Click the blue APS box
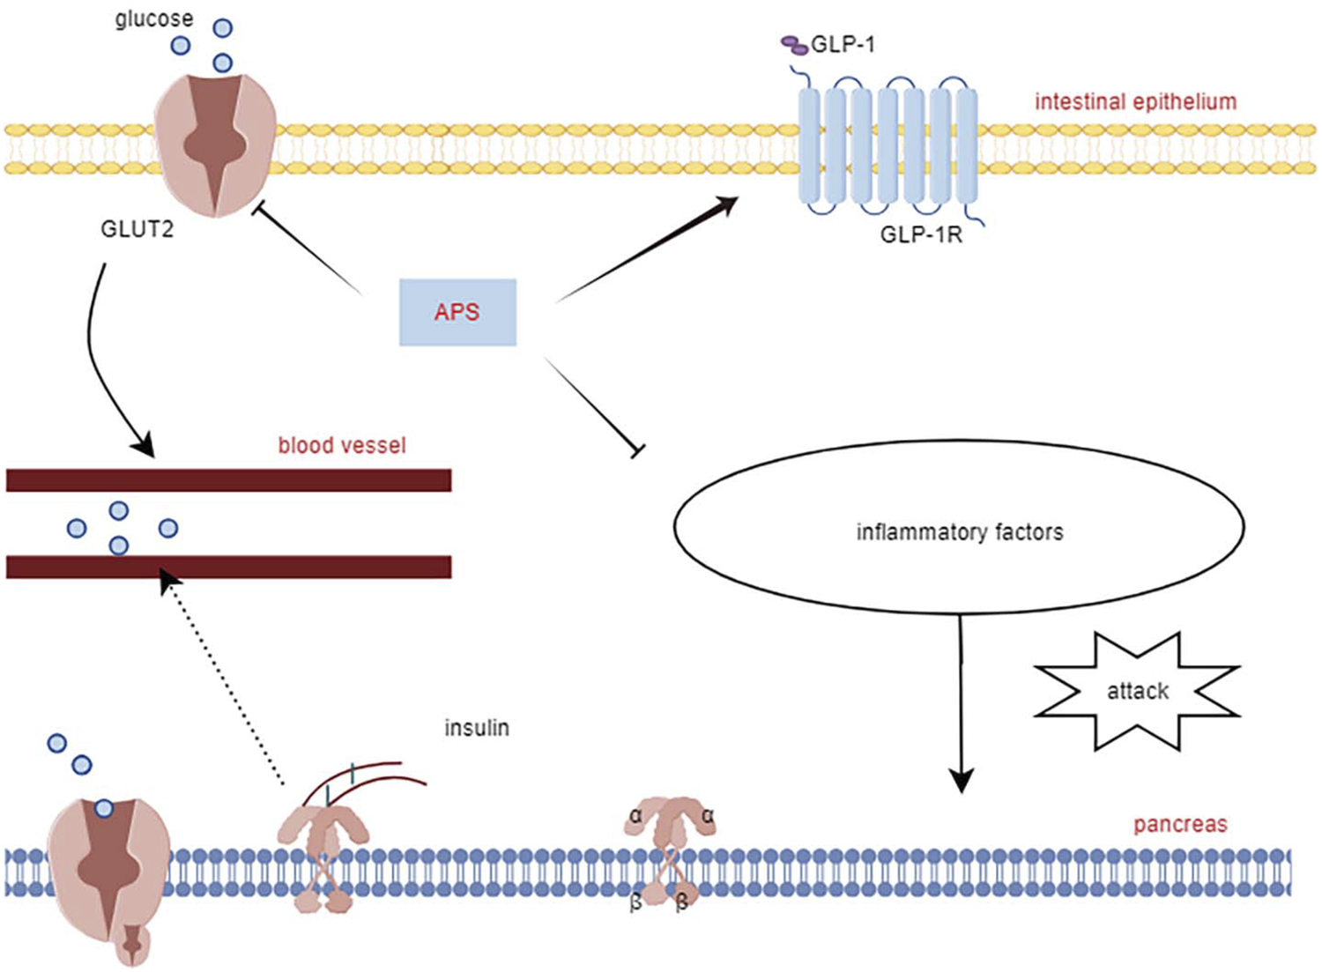457,312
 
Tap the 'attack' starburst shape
1137,691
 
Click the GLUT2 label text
137,229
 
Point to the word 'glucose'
153,19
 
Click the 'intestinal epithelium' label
1135,101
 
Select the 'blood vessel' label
342,445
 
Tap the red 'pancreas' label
1179,824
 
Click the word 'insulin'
476,728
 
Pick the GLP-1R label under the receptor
921,234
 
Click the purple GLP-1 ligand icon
794,44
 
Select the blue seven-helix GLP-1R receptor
888,146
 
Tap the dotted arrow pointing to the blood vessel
225,679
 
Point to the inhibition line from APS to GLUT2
308,249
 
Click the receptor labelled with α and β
672,850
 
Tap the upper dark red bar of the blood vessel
229,479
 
